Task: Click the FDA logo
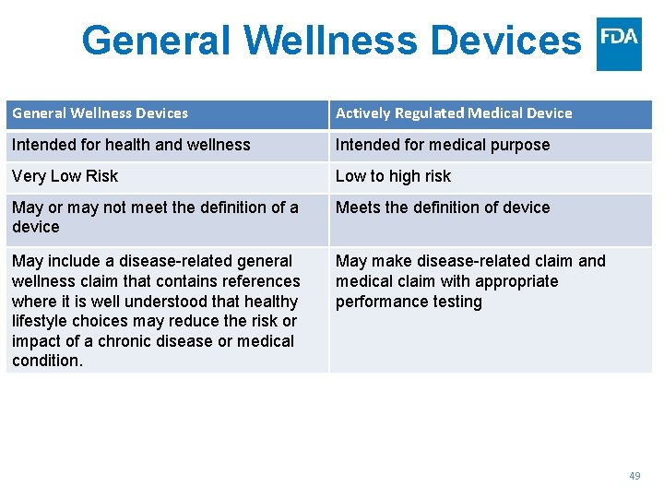click(x=619, y=43)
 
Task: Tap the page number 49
click(x=634, y=476)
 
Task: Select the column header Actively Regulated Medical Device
click(x=454, y=113)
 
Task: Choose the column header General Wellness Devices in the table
click(x=100, y=113)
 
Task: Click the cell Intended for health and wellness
click(x=131, y=145)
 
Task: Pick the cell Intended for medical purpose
click(x=443, y=145)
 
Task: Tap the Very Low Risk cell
click(x=65, y=176)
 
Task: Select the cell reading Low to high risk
click(x=393, y=176)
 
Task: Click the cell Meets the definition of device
click(x=443, y=207)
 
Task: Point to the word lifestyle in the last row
click(x=41, y=321)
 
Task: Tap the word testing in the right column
click(x=453, y=302)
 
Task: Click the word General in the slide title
click(x=155, y=41)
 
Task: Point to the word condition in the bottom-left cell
click(x=46, y=362)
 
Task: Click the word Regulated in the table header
click(x=430, y=113)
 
